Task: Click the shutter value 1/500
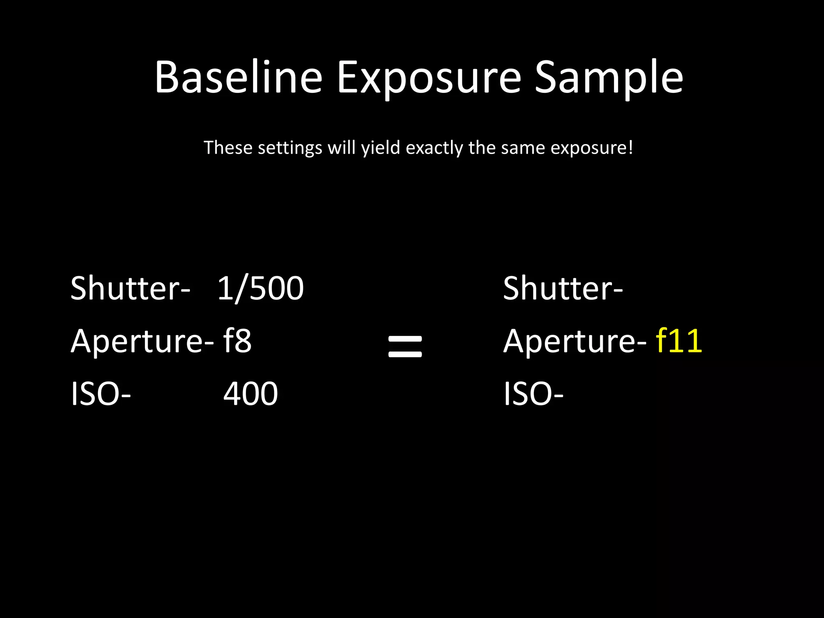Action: [x=261, y=288]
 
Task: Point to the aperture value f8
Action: [x=237, y=341]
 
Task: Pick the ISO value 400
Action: [x=250, y=393]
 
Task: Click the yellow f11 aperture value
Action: [x=679, y=341]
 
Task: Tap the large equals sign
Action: [x=405, y=347]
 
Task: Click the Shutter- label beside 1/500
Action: [x=130, y=288]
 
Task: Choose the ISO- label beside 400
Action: [x=101, y=393]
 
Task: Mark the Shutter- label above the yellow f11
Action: [x=562, y=288]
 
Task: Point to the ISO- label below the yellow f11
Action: [x=533, y=393]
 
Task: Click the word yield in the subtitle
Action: [x=381, y=148]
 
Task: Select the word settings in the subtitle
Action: [x=290, y=148]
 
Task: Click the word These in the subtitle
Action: [x=228, y=147]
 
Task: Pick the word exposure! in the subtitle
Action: [x=591, y=148]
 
